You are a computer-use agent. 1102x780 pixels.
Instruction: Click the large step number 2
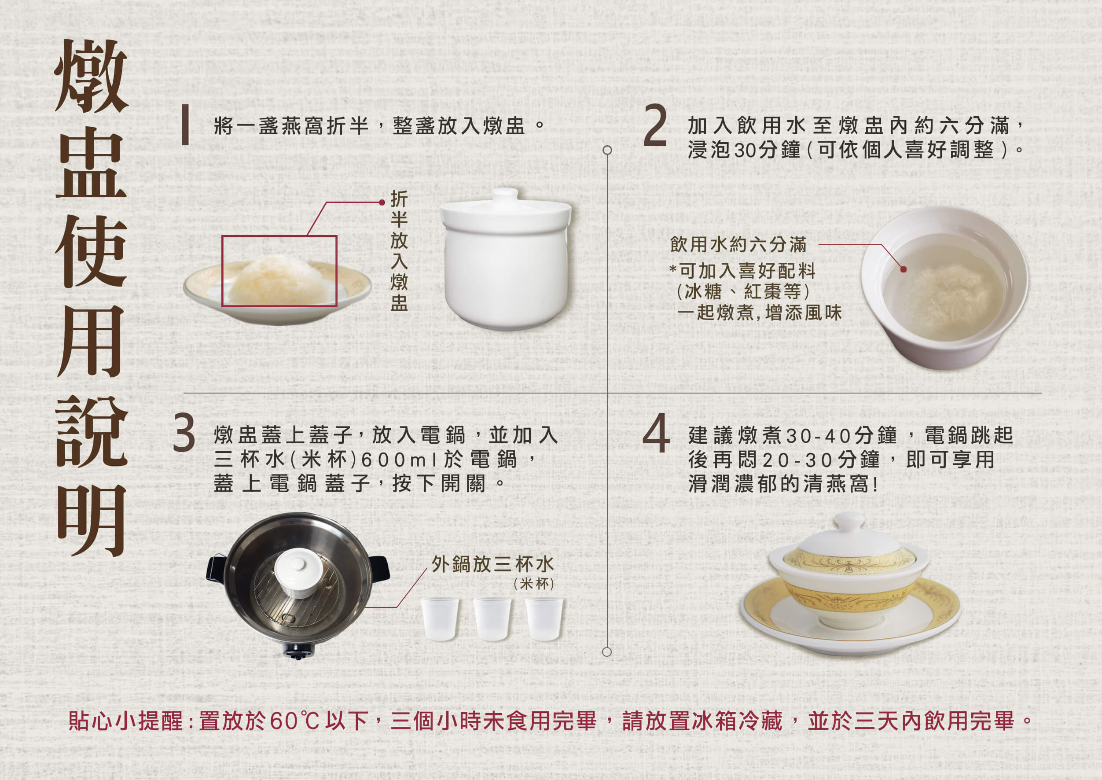click(x=655, y=126)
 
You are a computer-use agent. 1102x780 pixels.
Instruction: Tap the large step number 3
click(x=184, y=434)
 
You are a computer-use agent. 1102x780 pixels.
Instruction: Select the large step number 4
click(x=656, y=434)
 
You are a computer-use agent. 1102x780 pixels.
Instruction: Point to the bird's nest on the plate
click(x=279, y=280)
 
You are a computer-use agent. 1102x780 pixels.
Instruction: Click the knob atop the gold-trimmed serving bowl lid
click(x=849, y=522)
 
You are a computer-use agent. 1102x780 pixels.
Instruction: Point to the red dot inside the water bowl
click(x=903, y=269)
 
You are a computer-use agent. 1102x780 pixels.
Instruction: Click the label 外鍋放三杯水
click(x=492, y=565)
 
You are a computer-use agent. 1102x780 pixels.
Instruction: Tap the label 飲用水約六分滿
click(x=738, y=245)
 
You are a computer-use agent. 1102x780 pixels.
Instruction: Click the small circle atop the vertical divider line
click(x=607, y=151)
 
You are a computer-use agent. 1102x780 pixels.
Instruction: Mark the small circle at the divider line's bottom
click(x=607, y=652)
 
